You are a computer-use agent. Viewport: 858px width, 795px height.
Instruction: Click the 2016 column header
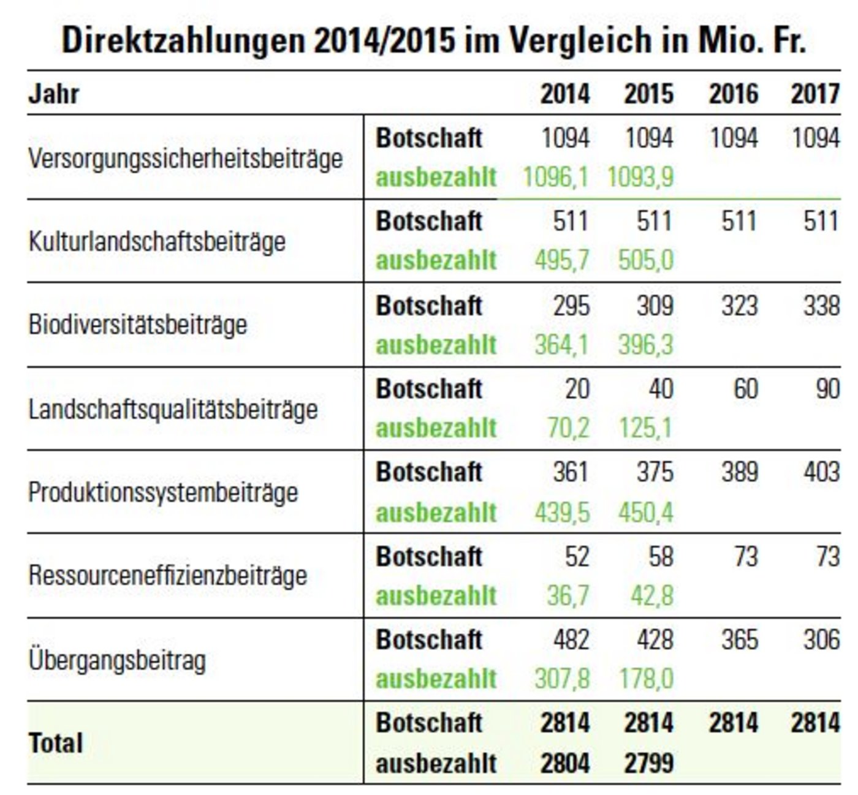tap(733, 94)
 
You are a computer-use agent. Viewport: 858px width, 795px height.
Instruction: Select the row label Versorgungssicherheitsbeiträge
tap(185, 159)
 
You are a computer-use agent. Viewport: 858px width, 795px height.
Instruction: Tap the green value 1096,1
tap(556, 178)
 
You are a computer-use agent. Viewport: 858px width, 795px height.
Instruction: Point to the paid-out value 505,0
tap(645, 260)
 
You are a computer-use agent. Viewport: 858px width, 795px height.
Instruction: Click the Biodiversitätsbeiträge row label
tap(137, 325)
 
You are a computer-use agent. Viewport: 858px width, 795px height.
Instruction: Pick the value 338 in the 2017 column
tap(821, 306)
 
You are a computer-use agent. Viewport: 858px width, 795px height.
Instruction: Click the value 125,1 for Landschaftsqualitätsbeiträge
tap(645, 428)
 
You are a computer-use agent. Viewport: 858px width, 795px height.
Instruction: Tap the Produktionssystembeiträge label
tap(163, 492)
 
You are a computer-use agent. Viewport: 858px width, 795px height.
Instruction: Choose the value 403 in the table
tap(821, 472)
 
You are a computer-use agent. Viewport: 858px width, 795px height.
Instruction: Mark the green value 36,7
tap(568, 596)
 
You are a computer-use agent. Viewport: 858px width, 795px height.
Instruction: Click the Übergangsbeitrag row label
tap(117, 660)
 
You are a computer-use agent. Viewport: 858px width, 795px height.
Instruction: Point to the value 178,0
tap(645, 679)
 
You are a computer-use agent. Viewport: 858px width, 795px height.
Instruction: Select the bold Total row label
tap(55, 743)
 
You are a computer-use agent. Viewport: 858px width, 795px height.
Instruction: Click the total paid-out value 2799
tap(648, 764)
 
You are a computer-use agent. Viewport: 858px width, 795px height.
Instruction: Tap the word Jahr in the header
tap(54, 94)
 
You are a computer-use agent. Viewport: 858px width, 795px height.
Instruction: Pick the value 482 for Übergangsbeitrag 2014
tap(571, 640)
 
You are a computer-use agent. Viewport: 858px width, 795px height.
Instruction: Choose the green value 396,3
tap(645, 345)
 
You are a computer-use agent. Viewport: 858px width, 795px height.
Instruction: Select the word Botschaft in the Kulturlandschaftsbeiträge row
tap(428, 221)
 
